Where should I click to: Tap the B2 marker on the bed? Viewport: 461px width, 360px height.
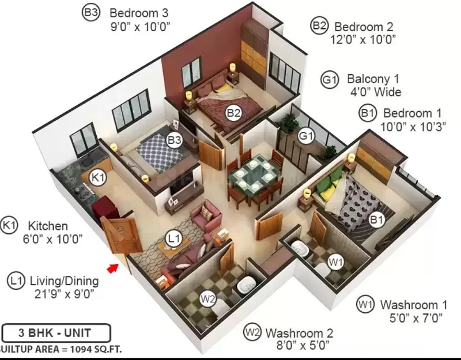pyautogui.click(x=234, y=113)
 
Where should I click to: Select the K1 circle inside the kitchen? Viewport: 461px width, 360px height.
pyautogui.click(x=97, y=178)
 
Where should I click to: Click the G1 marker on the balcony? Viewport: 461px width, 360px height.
pyautogui.click(x=307, y=136)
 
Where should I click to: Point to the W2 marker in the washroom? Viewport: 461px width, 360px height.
pyautogui.click(x=208, y=299)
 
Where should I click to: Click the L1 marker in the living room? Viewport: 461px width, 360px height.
pyautogui.click(x=173, y=238)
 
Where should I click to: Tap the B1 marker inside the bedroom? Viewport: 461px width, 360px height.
pyautogui.click(x=377, y=219)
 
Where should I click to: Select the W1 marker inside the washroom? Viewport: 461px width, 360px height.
pyautogui.click(x=336, y=262)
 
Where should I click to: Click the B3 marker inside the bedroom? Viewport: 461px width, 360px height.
pyautogui.click(x=175, y=140)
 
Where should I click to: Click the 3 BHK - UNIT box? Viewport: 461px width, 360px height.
pyautogui.click(x=56, y=333)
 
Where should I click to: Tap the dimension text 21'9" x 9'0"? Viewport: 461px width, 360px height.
pyautogui.click(x=64, y=294)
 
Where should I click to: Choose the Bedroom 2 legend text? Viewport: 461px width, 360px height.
pyautogui.click(x=364, y=27)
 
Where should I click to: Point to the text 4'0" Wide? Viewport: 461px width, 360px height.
pyautogui.click(x=376, y=92)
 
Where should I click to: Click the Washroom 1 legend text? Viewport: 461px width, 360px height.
pyautogui.click(x=414, y=305)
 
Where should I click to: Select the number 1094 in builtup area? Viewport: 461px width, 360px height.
pyautogui.click(x=82, y=349)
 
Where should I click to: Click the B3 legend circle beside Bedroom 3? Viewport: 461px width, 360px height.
pyautogui.click(x=91, y=13)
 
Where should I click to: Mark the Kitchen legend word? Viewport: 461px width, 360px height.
pyautogui.click(x=48, y=226)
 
